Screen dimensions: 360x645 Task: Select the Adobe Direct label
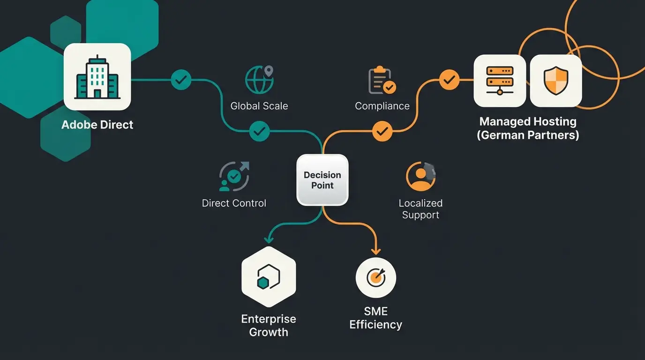97,125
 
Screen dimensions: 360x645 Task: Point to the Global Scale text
259,106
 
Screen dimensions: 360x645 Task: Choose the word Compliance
382,106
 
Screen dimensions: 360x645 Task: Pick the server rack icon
500,80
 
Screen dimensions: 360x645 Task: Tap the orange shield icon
556,80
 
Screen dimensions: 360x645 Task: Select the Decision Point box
322,180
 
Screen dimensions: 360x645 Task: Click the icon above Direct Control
234,176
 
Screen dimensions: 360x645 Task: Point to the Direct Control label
234,203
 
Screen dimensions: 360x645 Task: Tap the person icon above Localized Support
420,176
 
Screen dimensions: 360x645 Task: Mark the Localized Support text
420,209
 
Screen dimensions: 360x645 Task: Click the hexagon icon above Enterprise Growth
269,277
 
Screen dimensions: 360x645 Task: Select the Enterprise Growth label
269,325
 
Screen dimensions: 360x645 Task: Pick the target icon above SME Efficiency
376,277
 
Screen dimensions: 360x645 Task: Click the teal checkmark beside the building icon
181,80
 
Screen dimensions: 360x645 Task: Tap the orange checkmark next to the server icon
449,80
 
